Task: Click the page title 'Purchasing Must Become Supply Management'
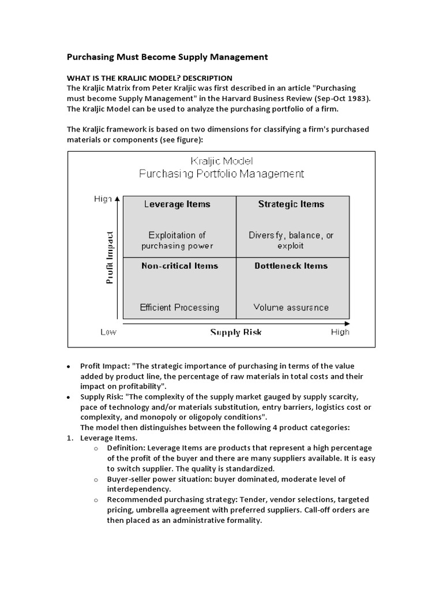[x=168, y=57]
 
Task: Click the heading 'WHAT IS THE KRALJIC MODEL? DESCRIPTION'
[x=150, y=78]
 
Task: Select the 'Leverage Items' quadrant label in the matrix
[x=177, y=204]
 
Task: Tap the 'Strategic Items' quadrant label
[x=291, y=204]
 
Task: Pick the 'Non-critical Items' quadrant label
[x=180, y=266]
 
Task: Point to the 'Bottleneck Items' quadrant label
[x=291, y=266]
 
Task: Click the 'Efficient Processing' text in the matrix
[x=180, y=308]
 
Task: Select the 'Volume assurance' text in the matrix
[x=291, y=308]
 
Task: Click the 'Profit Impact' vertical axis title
[x=110, y=257]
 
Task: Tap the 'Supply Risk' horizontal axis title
[x=235, y=332]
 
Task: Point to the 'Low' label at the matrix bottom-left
[x=108, y=332]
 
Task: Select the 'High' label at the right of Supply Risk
[x=340, y=332]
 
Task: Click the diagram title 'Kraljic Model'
[x=221, y=161]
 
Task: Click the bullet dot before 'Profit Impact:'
[x=69, y=366]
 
